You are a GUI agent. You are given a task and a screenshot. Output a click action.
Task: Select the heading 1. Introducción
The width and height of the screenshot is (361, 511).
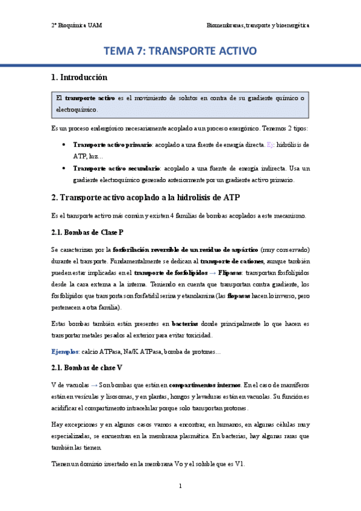[x=79, y=78]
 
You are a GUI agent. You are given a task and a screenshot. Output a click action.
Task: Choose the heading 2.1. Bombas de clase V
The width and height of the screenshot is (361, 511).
[x=87, y=367]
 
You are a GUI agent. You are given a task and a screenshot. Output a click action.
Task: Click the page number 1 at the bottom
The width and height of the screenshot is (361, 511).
[x=180, y=486]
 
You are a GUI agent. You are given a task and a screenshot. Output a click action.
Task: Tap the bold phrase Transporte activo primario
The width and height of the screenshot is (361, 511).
[x=112, y=145]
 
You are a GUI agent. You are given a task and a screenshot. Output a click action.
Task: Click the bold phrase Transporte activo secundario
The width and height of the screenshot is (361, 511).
[x=116, y=168]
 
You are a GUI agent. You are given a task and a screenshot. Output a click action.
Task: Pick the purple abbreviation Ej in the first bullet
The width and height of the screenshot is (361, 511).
[x=270, y=145]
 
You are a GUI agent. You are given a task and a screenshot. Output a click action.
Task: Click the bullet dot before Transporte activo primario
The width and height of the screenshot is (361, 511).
[x=64, y=145]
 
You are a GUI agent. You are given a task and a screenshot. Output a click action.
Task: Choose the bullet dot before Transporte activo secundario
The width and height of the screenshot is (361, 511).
[x=64, y=168]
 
